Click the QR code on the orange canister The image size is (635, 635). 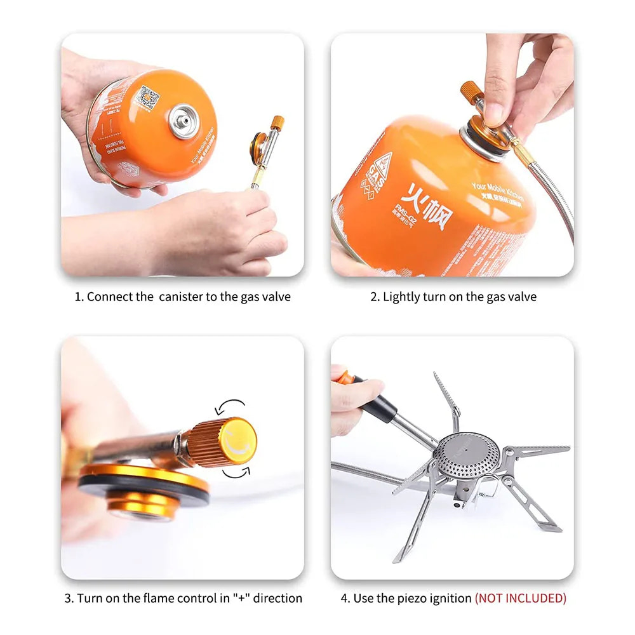147,98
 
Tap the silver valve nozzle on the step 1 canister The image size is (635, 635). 185,121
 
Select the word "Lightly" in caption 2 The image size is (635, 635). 402,297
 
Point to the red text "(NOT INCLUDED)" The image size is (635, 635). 520,598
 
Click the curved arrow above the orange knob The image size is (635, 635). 230,406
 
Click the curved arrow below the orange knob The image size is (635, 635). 236,469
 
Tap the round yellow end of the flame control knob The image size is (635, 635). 238,438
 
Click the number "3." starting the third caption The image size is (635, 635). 69,598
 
